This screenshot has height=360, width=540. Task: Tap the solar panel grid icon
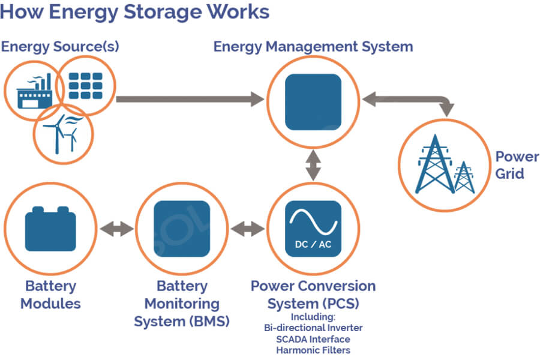pyautogui.click(x=85, y=86)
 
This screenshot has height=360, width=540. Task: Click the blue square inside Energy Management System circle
pyautogui.click(x=313, y=102)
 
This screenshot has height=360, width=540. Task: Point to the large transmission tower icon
pyautogui.click(x=434, y=164)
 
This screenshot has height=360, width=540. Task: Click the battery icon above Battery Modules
pyautogui.click(x=50, y=229)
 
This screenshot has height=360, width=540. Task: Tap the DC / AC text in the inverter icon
pyautogui.click(x=313, y=244)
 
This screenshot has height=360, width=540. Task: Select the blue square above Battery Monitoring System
pyautogui.click(x=181, y=229)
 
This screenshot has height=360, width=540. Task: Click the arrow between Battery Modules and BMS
pyautogui.click(x=117, y=229)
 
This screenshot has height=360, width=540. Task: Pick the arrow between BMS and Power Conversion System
pyautogui.click(x=248, y=229)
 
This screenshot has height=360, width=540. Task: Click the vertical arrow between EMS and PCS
pyautogui.click(x=313, y=166)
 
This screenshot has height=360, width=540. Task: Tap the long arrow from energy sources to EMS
pyautogui.click(x=190, y=99)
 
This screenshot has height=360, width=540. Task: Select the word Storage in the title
pyautogui.click(x=161, y=12)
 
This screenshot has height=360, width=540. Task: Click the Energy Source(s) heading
pyautogui.click(x=60, y=47)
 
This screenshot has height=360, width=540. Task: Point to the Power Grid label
pyautogui.click(x=517, y=165)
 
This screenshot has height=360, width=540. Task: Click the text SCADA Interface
pyautogui.click(x=313, y=340)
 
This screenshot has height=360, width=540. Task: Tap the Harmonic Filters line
pyautogui.click(x=313, y=350)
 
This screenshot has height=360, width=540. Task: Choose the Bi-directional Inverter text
pyautogui.click(x=313, y=328)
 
